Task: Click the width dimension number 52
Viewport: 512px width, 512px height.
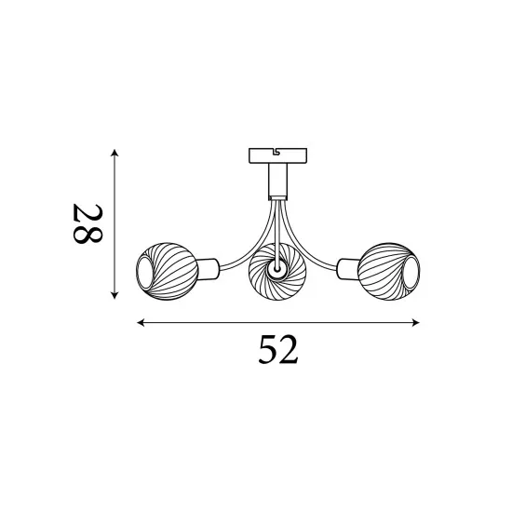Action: [x=276, y=351]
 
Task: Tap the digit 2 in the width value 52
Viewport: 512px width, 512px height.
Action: [x=289, y=351]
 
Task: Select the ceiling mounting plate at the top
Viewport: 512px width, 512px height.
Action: [x=277, y=154]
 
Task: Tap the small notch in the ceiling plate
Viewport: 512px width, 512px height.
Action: [x=277, y=149]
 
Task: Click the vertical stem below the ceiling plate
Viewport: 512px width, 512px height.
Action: [x=277, y=181]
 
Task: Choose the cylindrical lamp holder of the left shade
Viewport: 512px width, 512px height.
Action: [x=209, y=269]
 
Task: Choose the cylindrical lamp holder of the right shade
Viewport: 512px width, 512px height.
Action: [x=347, y=269]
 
